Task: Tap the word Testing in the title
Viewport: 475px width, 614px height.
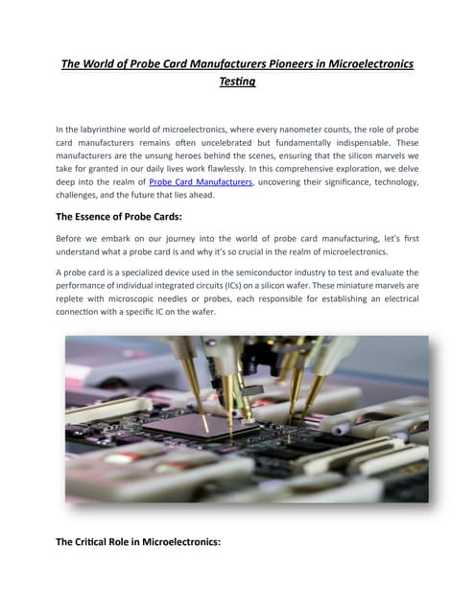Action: click(237, 83)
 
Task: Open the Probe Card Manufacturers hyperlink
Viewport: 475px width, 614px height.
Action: click(201, 180)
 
